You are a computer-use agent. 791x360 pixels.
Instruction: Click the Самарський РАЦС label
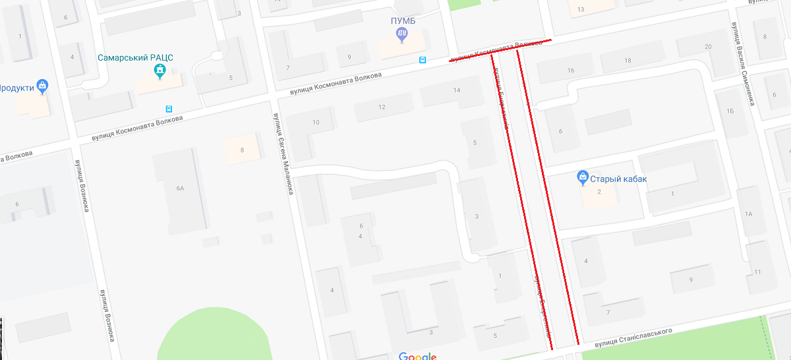135,57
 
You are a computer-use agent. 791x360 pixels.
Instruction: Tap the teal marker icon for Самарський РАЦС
160,70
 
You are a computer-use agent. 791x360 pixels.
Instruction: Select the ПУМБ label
401,21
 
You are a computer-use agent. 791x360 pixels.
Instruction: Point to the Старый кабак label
618,179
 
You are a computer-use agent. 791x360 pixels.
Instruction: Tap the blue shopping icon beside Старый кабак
583,177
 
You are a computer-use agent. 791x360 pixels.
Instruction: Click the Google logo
417,356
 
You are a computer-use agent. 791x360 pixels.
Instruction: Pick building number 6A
180,189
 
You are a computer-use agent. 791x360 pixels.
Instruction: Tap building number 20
708,47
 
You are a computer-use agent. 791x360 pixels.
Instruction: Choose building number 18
628,61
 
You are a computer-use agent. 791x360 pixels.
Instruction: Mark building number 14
457,90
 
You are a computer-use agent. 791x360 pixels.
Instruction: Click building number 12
382,107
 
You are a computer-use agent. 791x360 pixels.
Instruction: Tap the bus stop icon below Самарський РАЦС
169,109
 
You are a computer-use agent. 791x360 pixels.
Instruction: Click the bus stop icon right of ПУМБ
423,60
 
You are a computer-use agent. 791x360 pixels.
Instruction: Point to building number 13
581,9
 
